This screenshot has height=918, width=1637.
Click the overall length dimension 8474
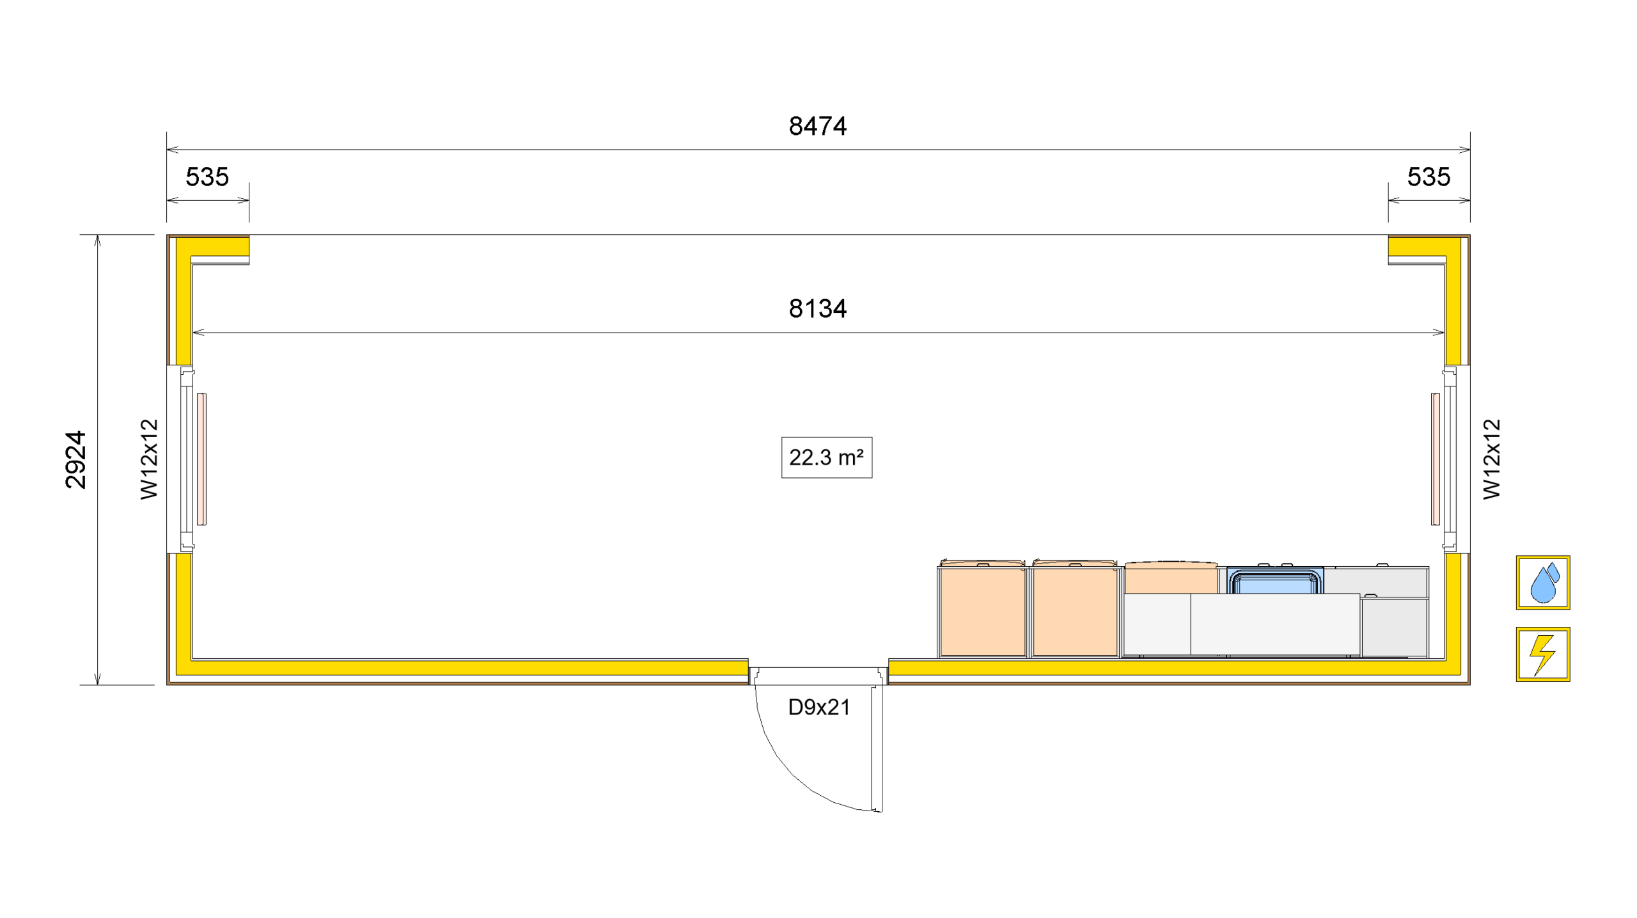(817, 127)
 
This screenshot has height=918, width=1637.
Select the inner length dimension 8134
(817, 309)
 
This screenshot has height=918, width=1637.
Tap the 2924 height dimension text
(76, 459)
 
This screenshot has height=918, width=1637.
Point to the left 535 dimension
(207, 177)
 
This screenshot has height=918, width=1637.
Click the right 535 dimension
(1429, 177)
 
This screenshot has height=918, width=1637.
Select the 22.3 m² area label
(826, 457)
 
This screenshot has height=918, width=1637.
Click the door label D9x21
(819, 708)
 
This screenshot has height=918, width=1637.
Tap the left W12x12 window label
(149, 459)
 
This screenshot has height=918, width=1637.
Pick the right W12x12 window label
(1491, 459)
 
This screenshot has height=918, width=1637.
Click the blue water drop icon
(1542, 583)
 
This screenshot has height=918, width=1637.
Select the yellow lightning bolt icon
(1542, 654)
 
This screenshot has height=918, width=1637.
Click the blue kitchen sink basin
(1275, 583)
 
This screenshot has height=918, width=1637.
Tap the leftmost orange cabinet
(982, 611)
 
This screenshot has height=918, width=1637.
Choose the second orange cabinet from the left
(1075, 611)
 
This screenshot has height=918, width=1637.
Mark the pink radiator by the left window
(201, 459)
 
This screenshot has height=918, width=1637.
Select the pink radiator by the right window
(1436, 459)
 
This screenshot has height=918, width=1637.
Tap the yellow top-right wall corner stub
(1420, 246)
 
